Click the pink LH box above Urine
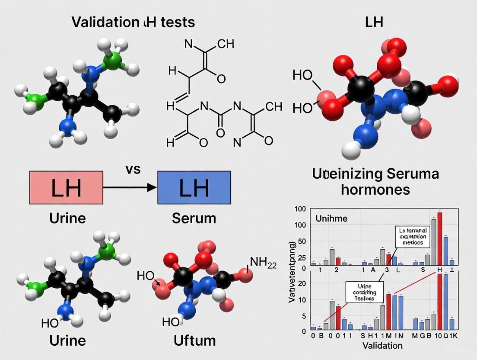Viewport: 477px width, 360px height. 66,188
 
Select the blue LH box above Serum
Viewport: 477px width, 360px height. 194,188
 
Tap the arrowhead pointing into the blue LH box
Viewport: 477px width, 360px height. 151,188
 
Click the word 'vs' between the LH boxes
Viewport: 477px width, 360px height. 133,169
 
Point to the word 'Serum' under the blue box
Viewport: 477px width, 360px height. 194,218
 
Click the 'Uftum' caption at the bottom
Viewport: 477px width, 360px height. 194,340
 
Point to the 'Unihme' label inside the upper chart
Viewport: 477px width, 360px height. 331,218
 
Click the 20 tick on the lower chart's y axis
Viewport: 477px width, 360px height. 302,283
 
